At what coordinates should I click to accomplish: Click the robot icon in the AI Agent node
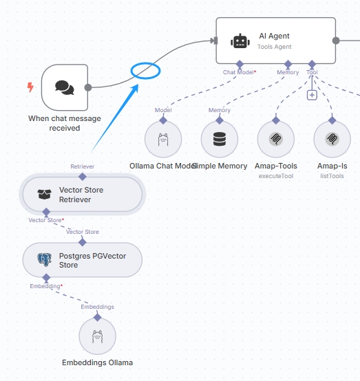pos(240,41)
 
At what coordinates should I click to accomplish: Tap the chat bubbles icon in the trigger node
pos(65,87)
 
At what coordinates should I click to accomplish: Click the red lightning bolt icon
pos(30,87)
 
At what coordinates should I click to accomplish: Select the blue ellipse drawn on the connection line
pos(145,71)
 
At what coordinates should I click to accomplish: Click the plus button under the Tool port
pos(312,95)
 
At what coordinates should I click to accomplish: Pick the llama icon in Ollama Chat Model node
pos(163,139)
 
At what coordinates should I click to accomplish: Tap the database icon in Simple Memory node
pos(220,139)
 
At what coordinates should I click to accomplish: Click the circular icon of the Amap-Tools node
pos(276,139)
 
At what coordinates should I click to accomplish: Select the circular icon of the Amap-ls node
pos(332,139)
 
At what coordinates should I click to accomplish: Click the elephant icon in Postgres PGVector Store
pos(44,259)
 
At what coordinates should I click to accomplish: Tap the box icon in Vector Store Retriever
pos(44,195)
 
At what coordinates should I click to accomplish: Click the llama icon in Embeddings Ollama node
pos(97,336)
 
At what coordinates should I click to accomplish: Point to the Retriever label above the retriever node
pos(82,166)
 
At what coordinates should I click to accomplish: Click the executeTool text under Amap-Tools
pos(276,176)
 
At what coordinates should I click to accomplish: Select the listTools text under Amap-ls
pos(332,176)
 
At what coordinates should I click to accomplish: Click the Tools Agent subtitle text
pos(275,47)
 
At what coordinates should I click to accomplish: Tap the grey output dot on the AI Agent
pos(336,41)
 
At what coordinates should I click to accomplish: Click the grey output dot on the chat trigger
pos(88,87)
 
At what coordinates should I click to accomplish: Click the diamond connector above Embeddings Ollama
pos(97,317)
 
